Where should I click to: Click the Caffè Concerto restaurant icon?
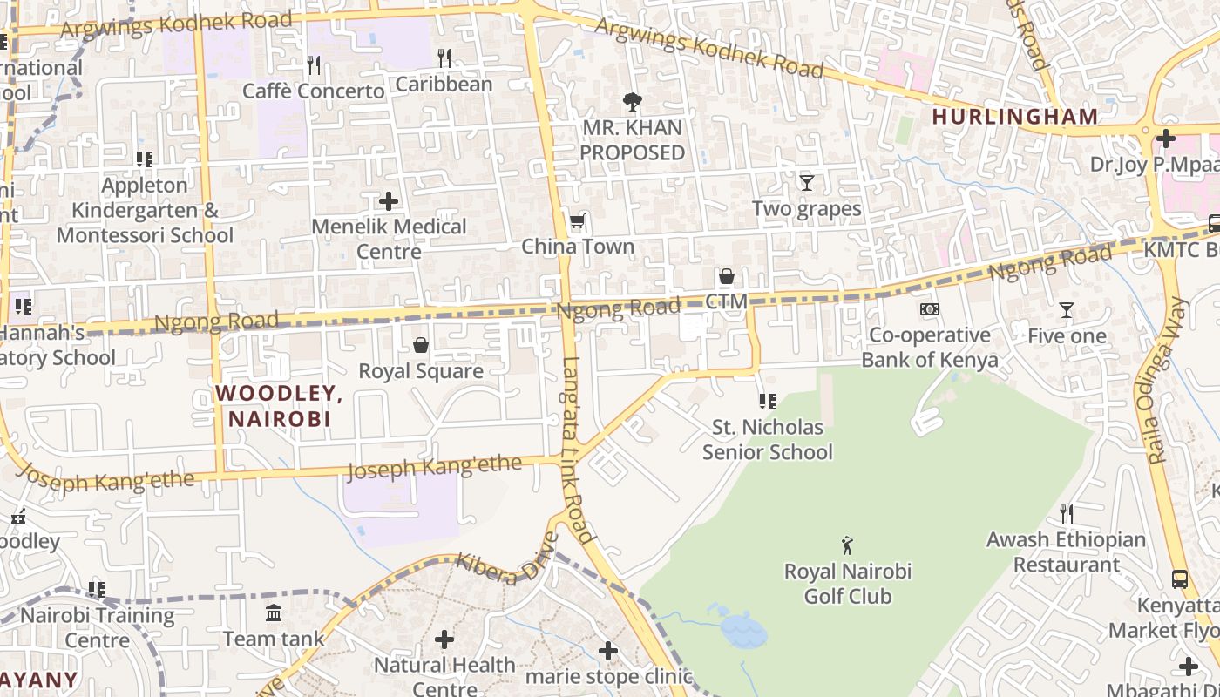[x=314, y=64]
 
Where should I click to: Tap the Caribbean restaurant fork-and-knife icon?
[x=444, y=58]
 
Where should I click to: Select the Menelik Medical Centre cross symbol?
[x=389, y=201]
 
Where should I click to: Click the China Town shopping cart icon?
[x=577, y=222]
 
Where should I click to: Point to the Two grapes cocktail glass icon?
[x=807, y=183]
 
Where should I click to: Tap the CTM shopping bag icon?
[x=727, y=277]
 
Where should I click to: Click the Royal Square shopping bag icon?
[x=421, y=346]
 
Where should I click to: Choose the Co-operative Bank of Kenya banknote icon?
[x=930, y=309]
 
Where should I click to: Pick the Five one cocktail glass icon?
[x=1066, y=310]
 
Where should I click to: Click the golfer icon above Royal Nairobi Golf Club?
[x=847, y=546]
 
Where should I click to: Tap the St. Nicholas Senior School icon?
[x=768, y=402]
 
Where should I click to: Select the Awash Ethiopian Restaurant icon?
[x=1066, y=513]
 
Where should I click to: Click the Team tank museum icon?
[x=274, y=613]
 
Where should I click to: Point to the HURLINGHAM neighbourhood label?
[x=1015, y=117]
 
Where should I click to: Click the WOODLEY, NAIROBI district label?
[x=279, y=406]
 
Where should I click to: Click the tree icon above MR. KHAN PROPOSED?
[x=633, y=103]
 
